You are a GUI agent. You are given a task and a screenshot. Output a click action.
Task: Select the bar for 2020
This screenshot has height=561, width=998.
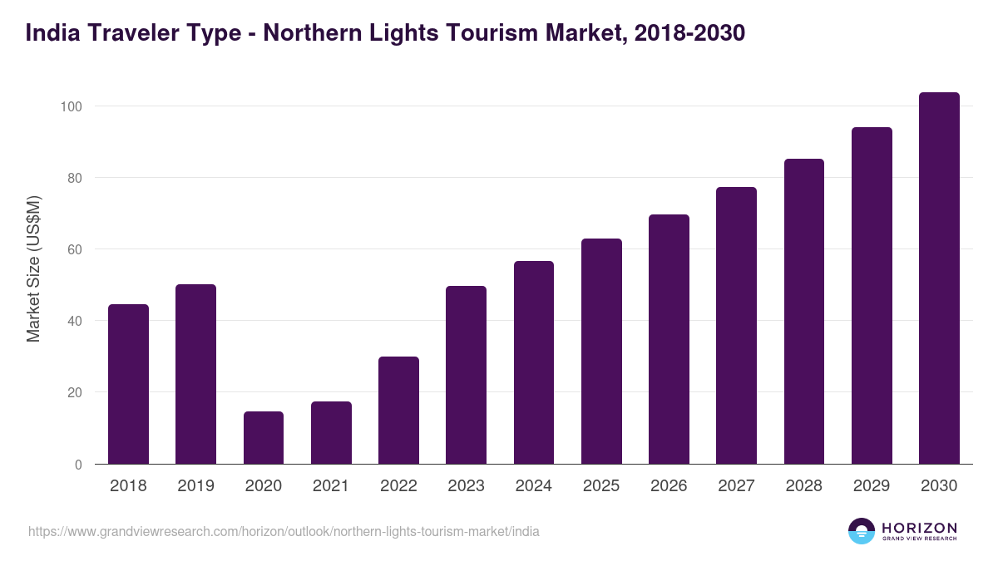264,438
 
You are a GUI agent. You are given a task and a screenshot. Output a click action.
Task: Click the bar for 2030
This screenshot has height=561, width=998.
939,278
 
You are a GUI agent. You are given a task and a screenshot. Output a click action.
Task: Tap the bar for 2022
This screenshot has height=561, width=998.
398,411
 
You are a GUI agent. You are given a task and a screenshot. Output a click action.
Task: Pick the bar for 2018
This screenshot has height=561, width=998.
128,384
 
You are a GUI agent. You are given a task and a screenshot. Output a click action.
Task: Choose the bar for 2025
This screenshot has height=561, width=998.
601,352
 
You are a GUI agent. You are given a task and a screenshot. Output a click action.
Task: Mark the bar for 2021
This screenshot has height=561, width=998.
331,433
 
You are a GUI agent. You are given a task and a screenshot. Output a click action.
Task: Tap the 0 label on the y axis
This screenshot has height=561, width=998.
78,465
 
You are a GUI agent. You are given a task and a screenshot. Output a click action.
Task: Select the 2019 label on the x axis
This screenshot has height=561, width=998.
195,486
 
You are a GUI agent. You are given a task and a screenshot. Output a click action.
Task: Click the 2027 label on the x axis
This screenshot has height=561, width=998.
736,486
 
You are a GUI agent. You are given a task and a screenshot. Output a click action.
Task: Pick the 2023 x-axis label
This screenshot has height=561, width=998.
466,486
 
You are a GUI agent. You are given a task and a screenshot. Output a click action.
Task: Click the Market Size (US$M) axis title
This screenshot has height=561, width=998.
33,268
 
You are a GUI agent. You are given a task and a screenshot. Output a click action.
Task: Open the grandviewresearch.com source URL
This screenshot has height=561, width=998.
284,531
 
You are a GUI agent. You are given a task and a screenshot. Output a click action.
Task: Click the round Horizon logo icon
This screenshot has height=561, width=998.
861,531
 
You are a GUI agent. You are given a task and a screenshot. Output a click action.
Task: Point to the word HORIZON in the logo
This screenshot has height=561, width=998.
919,528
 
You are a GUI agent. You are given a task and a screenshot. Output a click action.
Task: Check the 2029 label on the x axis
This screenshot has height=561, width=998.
872,486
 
